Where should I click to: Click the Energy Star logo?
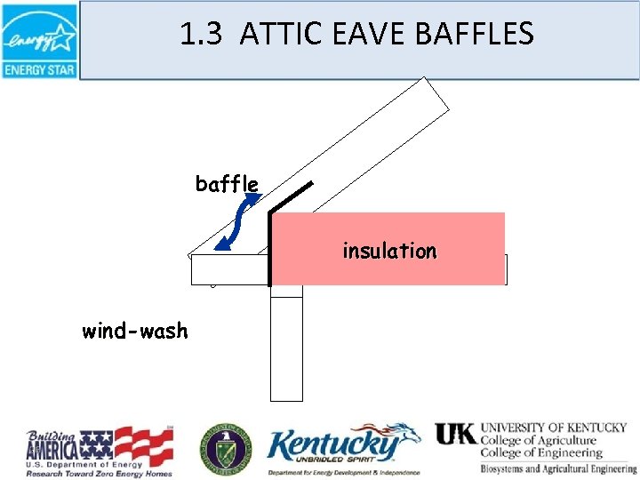(x=39, y=40)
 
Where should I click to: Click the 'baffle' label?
(x=227, y=184)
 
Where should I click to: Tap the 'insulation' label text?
(x=389, y=251)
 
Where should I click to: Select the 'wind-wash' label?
(x=135, y=332)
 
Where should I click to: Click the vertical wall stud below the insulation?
(x=286, y=347)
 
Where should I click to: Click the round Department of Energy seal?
(x=226, y=446)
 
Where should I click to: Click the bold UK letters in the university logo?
(x=455, y=434)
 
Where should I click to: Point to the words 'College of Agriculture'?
(x=539, y=440)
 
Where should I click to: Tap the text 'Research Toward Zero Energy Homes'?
(x=98, y=472)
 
